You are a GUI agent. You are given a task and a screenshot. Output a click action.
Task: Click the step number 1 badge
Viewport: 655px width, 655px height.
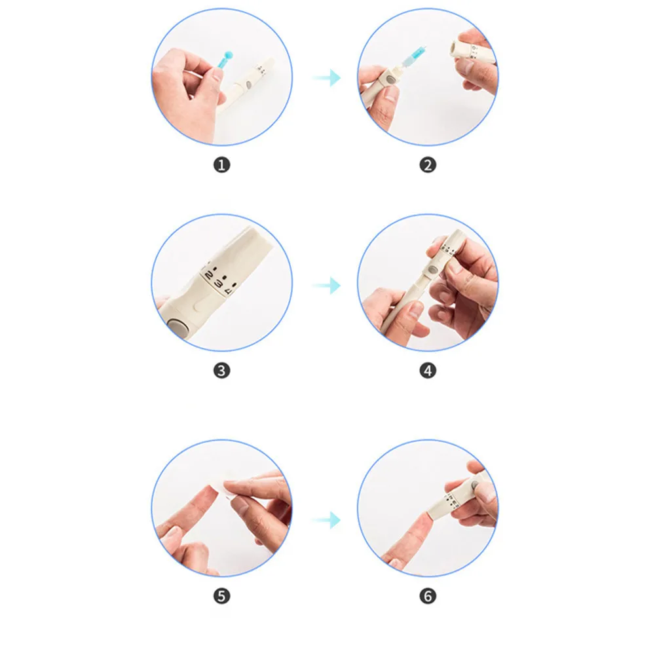[x=222, y=164]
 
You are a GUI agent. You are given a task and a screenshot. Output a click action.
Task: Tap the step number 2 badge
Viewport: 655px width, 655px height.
[x=428, y=164]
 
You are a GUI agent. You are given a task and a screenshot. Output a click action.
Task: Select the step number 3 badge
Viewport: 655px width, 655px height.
[x=222, y=370]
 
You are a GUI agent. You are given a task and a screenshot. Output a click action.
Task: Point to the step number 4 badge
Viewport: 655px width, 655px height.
[x=428, y=370]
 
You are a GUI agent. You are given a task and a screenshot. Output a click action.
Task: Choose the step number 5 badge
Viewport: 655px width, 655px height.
[x=222, y=595]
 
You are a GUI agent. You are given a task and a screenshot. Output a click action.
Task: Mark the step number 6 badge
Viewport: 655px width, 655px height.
[x=428, y=595]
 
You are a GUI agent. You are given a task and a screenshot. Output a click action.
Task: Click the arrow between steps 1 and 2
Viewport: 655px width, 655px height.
[x=326, y=79]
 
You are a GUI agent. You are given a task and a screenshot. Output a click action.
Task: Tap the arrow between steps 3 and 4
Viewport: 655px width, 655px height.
[x=326, y=286]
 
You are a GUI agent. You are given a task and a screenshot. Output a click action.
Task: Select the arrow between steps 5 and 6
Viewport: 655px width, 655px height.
[x=326, y=520]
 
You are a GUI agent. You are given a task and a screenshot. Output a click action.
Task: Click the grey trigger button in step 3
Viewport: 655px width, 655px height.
[x=177, y=325]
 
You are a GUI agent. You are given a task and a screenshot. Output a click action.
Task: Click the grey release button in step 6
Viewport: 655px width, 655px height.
[x=472, y=485]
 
